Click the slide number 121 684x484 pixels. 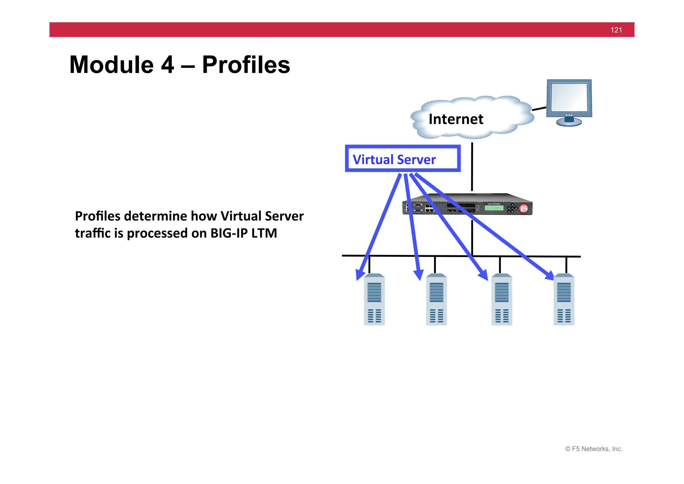point(616,30)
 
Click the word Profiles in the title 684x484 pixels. point(246,65)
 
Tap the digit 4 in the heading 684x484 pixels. point(167,65)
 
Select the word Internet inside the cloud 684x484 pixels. point(456,119)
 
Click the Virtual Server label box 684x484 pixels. point(402,159)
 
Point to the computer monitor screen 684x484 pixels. point(569,97)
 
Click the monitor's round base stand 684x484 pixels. point(569,122)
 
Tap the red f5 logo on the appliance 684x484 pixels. point(524,209)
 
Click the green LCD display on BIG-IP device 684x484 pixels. point(494,208)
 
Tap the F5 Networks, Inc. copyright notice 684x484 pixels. point(593,449)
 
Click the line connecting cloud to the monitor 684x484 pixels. point(539,109)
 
